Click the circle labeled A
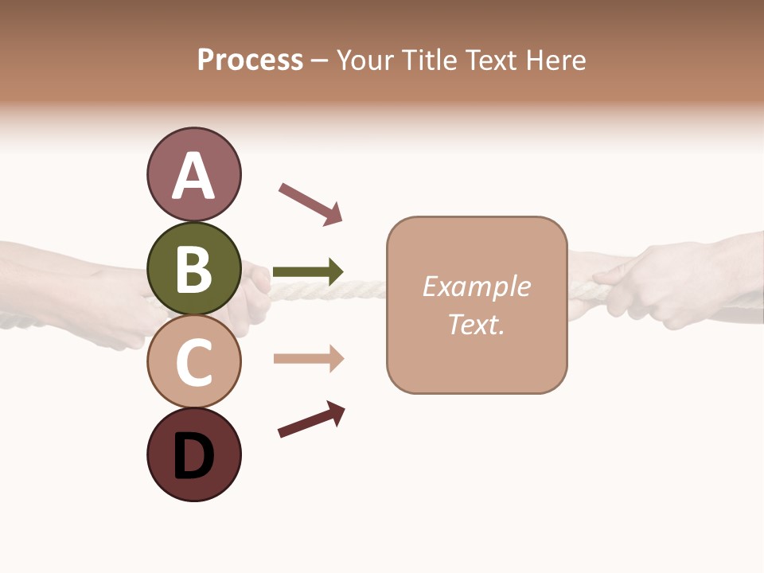[193, 174]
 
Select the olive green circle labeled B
[193, 268]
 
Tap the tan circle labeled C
[193, 361]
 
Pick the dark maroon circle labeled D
[193, 454]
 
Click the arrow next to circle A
[310, 203]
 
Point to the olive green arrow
[308, 272]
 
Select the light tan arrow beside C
[308, 358]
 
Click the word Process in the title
[250, 60]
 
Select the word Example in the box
[476, 286]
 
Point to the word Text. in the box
[476, 324]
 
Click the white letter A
[193, 176]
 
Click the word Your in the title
[368, 60]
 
